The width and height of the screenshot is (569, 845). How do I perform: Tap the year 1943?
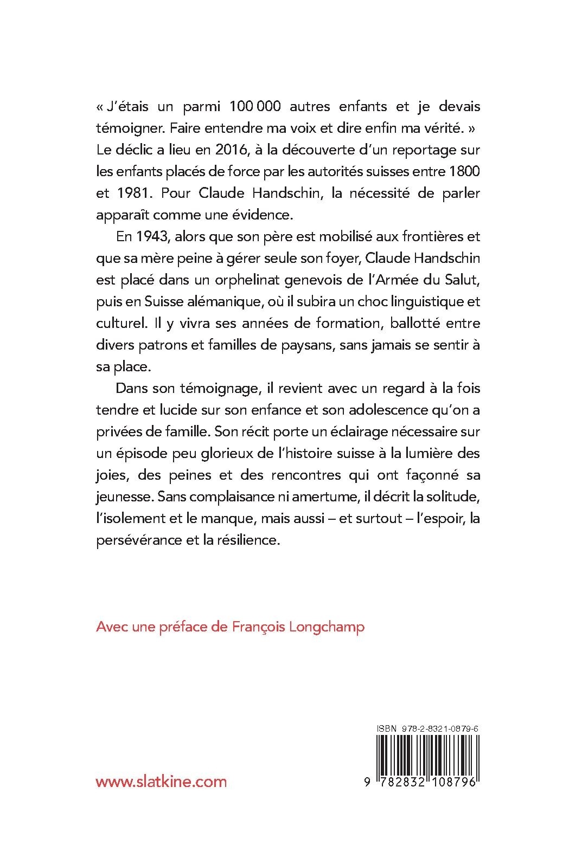[143, 237]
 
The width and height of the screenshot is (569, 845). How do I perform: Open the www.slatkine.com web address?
[161, 781]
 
